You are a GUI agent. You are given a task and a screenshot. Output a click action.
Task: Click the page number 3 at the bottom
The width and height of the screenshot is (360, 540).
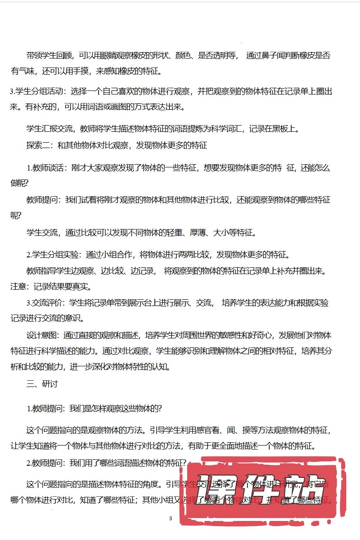pyautogui.click(x=171, y=519)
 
